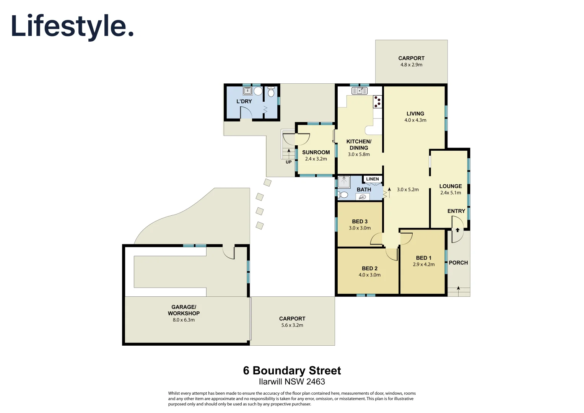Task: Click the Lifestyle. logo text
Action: [72, 26]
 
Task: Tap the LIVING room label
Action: [415, 114]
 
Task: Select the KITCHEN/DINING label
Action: [359, 145]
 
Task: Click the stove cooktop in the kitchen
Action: [377, 102]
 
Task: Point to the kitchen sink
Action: [360, 91]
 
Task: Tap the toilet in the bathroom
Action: [343, 195]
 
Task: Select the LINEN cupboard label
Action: [372, 179]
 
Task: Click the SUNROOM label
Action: [316, 152]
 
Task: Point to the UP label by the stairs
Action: [288, 162]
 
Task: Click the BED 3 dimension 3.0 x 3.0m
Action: [360, 228]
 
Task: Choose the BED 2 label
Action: [369, 268]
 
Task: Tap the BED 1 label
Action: [423, 258]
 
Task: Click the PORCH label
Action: [458, 263]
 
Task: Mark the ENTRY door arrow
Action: [457, 230]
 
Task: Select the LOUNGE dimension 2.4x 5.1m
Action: [451, 193]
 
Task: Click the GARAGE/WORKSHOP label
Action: [184, 310]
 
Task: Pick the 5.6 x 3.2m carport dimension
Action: [292, 325]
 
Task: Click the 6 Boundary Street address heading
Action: [292, 371]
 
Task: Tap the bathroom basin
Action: [362, 197]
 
